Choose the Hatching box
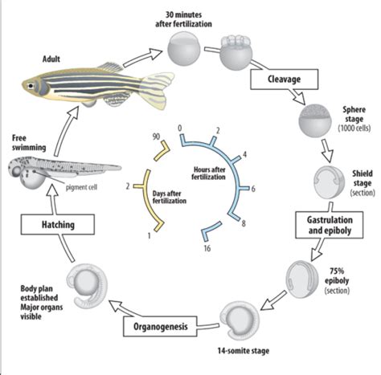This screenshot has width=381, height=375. [x=50, y=226]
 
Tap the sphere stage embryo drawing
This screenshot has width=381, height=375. [x=313, y=124]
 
